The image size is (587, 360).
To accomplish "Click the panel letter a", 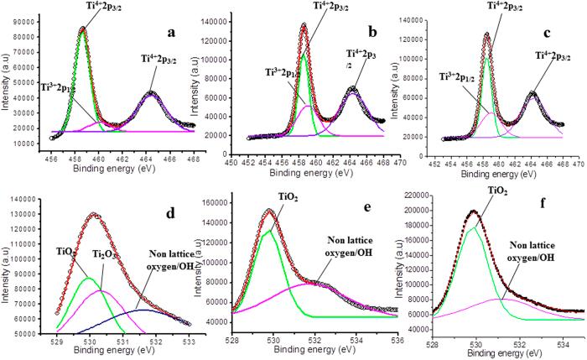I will pyautogui.click(x=170, y=34).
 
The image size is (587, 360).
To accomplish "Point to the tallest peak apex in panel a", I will pyautogui.click(x=82, y=29).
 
